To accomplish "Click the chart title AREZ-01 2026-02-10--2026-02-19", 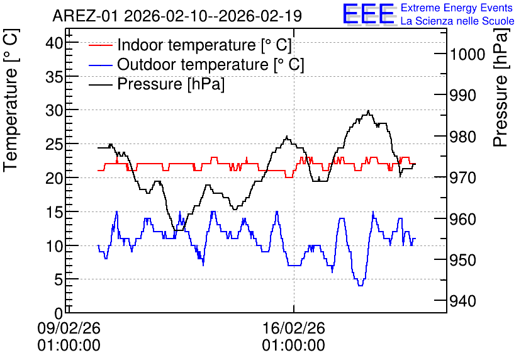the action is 177,16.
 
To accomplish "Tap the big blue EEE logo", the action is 369,14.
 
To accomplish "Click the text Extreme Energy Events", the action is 457,8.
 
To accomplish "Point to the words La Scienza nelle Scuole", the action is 457,21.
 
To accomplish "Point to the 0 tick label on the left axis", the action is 59,313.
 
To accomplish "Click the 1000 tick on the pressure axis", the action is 467,54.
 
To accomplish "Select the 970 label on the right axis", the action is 463,177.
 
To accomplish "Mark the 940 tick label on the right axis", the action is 463,301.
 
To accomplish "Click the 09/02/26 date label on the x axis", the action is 69,328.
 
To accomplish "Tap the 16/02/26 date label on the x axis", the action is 294,328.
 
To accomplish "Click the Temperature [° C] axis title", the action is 11,101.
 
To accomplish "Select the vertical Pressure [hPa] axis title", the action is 501,87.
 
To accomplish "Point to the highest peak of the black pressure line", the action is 368,110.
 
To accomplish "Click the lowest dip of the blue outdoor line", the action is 361,286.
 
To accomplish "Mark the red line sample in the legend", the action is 100,45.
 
